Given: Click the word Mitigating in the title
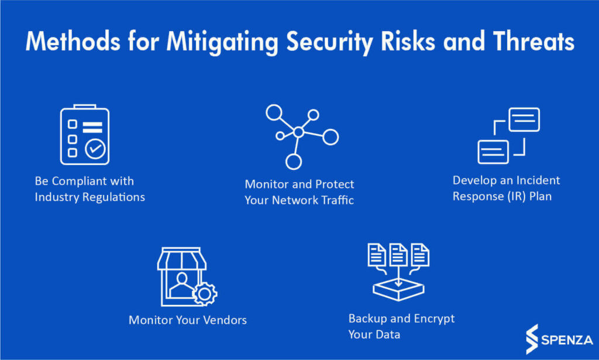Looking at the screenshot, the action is click(x=223, y=42).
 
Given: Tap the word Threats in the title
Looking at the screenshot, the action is click(x=533, y=41).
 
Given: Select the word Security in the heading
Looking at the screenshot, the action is click(x=329, y=42).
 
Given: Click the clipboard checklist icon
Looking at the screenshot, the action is click(x=85, y=135).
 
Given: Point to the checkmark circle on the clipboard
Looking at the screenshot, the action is click(x=95, y=149).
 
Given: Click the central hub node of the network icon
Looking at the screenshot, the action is click(x=299, y=132).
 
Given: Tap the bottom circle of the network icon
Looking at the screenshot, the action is click(x=294, y=162).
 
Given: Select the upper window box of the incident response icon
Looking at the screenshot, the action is click(x=524, y=119).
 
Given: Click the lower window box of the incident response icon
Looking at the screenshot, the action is click(x=493, y=152).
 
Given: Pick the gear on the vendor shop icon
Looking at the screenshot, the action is click(x=205, y=294).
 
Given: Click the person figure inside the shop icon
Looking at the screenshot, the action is click(x=182, y=285).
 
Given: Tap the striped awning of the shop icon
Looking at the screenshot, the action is click(x=182, y=258).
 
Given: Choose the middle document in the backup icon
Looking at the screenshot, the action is click(x=398, y=255).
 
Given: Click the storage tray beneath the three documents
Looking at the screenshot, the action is click(x=398, y=290).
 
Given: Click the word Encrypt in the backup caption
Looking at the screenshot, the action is click(x=435, y=319).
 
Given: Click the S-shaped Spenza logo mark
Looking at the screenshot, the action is click(x=532, y=340).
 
